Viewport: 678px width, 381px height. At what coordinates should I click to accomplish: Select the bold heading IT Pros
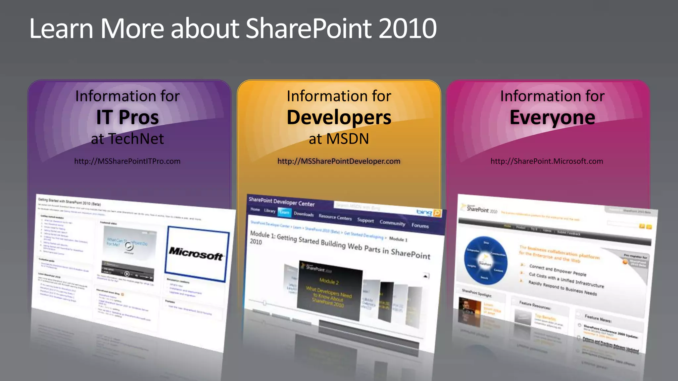click(x=127, y=117)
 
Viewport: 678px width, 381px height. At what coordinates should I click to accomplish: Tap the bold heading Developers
click(x=339, y=117)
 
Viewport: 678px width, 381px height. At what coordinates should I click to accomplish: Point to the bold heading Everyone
click(x=552, y=117)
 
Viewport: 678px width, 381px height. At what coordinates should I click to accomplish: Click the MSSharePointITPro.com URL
click(x=127, y=161)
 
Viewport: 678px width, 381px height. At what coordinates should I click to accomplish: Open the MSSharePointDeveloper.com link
click(x=339, y=161)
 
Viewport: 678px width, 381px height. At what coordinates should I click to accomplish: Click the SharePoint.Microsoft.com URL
click(x=547, y=161)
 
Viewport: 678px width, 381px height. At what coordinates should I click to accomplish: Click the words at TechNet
click(x=127, y=139)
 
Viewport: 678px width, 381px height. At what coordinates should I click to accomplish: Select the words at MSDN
click(x=339, y=139)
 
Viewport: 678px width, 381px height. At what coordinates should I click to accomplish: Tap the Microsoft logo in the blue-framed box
click(x=196, y=254)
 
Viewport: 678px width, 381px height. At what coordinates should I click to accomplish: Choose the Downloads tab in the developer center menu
click(x=304, y=214)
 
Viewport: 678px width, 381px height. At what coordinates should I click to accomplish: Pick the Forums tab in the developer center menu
click(x=420, y=226)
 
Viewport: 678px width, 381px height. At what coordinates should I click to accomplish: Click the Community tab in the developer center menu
click(x=392, y=223)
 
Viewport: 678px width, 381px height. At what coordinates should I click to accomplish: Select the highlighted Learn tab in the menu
click(x=284, y=212)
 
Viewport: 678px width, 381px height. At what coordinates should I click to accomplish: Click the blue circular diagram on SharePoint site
click(x=485, y=260)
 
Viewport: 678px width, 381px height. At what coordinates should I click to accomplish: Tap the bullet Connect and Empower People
click(x=557, y=270)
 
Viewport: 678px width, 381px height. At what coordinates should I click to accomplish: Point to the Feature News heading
click(x=598, y=318)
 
